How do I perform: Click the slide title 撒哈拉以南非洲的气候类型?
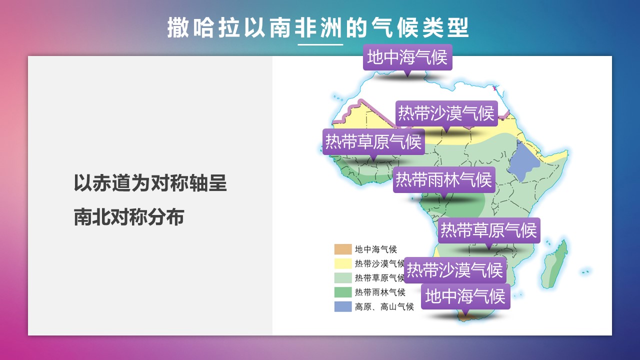point(317,27)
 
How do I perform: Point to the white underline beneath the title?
point(320,44)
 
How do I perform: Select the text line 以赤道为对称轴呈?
point(150,183)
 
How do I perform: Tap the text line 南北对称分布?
point(129,217)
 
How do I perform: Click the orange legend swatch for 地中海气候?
point(343,249)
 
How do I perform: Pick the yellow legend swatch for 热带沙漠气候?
point(343,263)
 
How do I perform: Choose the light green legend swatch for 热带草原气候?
point(343,277)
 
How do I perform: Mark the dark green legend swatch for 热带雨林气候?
point(343,292)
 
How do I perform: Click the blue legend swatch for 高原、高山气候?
point(343,306)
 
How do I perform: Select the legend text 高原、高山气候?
point(384,306)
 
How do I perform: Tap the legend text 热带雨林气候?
point(380,292)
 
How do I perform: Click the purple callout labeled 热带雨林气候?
point(444,180)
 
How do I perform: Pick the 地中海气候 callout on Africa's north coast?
point(407,57)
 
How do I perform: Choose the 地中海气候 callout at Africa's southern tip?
point(465,296)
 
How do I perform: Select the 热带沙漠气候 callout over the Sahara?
point(446,113)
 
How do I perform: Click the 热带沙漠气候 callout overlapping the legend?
point(455,270)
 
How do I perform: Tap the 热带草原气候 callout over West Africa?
point(373,141)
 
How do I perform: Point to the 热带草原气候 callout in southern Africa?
point(489,230)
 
